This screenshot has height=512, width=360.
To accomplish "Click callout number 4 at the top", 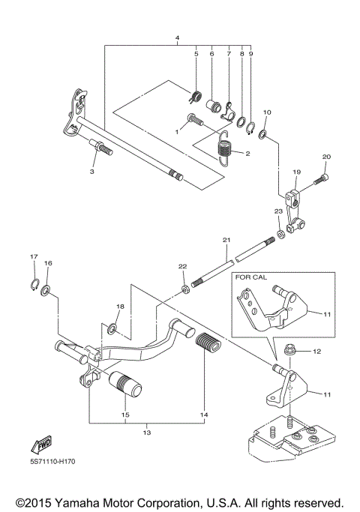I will coord(177,37).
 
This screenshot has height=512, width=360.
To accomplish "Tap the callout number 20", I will coord(325,157).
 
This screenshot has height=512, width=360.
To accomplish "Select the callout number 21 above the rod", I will coord(224,240).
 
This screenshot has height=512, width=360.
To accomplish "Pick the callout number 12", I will coord(316,351).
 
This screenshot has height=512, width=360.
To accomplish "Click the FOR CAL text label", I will coord(251,277).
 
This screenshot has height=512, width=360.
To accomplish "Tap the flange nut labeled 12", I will coord(294,350).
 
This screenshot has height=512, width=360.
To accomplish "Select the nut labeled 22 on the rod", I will coord(184,288).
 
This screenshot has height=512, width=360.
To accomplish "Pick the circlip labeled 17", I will coord(34,282).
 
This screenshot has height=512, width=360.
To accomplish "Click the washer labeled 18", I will coord(112,328).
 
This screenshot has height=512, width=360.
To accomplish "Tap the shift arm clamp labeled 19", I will coord(295,203).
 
